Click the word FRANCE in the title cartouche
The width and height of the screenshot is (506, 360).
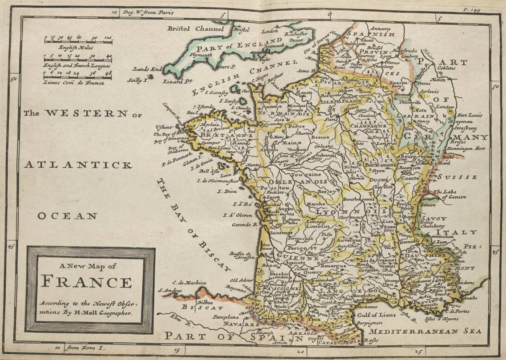87,282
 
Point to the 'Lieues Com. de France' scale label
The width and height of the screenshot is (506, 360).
74,82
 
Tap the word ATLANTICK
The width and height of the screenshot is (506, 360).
78,165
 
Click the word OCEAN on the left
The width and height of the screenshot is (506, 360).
67,216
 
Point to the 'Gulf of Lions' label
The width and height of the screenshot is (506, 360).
376,315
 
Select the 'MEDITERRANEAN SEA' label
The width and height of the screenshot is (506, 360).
426,332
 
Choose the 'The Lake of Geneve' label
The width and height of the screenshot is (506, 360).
451,194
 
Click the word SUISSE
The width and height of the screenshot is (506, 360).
458,177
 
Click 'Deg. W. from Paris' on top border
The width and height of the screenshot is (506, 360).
148,12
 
